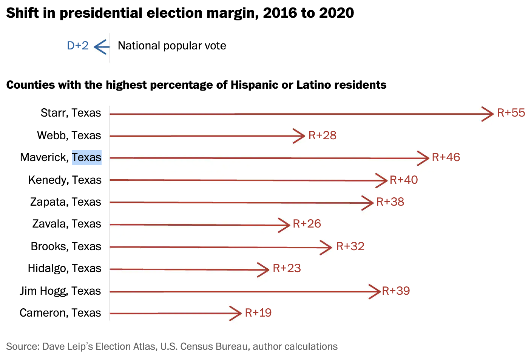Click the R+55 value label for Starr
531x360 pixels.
coord(511,113)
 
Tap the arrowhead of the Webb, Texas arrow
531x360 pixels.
coord(300,136)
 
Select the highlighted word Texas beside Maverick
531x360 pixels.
coord(86,157)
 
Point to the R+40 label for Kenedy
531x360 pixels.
coord(403,180)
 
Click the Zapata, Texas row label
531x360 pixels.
coord(66,202)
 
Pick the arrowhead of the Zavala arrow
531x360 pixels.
coord(285,225)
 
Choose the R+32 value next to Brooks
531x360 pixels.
coord(350,246)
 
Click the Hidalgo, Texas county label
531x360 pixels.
coord(65,268)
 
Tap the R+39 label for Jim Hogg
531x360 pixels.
coord(396,291)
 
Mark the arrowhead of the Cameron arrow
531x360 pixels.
coord(237,313)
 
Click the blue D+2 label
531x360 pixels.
coord(78,46)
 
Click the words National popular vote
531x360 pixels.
coord(172,46)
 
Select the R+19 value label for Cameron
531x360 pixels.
coord(258,313)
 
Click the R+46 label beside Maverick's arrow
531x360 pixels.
coord(446,157)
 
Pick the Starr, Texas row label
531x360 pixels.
coord(71,113)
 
